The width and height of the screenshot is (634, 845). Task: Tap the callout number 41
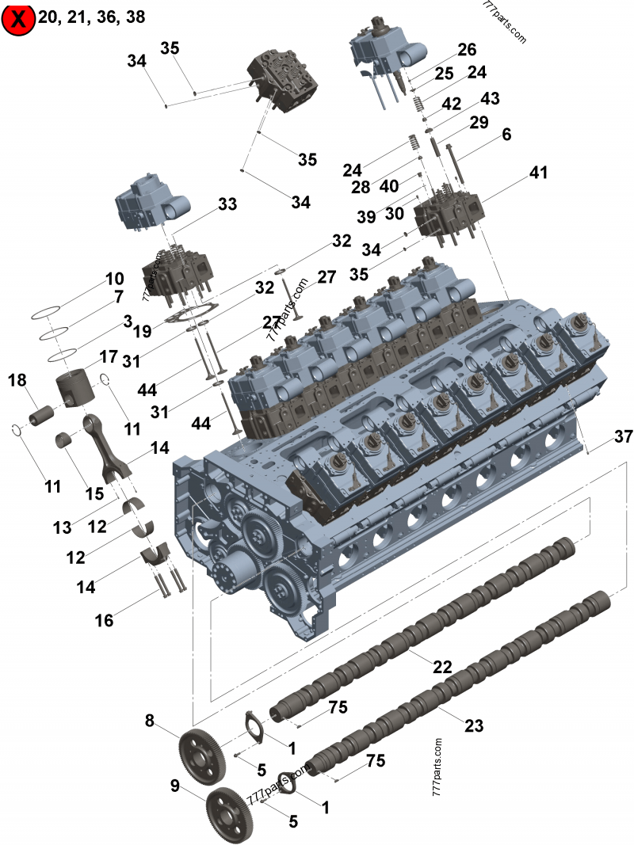(539, 172)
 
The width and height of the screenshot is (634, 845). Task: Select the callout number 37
(623, 437)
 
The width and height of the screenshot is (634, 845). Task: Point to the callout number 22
(442, 666)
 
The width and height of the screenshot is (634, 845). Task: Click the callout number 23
(473, 725)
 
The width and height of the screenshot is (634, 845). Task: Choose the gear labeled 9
(229, 809)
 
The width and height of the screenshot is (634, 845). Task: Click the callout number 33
(227, 204)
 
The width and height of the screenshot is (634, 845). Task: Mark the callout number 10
(114, 279)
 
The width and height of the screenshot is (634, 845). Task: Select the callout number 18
(17, 381)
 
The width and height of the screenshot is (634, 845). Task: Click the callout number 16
(104, 620)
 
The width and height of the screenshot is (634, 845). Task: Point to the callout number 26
(467, 48)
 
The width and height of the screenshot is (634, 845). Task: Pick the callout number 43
(491, 99)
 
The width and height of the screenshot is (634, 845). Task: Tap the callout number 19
(142, 331)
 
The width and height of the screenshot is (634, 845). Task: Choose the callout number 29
(479, 123)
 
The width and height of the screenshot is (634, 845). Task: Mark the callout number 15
(94, 493)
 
